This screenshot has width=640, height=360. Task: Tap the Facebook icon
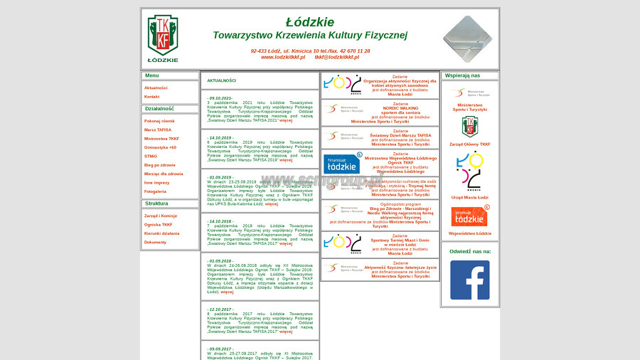pyautogui.click(x=469, y=280)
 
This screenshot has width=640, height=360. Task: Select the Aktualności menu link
pyautogui.click(x=156, y=88)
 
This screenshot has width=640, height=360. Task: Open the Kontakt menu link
pyautogui.click(x=151, y=97)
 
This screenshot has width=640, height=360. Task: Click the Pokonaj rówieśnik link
pyautogui.click(x=159, y=121)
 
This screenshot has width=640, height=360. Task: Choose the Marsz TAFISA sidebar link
pyautogui.click(x=158, y=129)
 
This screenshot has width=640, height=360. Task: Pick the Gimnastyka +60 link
pyautogui.click(x=160, y=147)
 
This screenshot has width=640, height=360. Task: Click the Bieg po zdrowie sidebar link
pyautogui.click(x=159, y=164)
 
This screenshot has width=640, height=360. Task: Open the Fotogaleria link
pyautogui.click(x=155, y=191)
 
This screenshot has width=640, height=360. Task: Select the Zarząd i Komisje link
pyautogui.click(x=161, y=216)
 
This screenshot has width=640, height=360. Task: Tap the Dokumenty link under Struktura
pyautogui.click(x=155, y=242)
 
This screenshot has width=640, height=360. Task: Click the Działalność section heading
pyautogui.click(x=159, y=109)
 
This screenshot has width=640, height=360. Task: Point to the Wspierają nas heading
pyautogui.click(x=462, y=75)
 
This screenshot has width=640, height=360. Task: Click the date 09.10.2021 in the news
pyautogui.click(x=220, y=97)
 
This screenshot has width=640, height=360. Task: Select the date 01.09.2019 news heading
pyautogui.click(x=220, y=177)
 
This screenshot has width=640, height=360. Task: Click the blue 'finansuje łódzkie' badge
pyautogui.click(x=342, y=163)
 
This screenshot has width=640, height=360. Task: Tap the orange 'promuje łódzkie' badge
pyautogui.click(x=469, y=216)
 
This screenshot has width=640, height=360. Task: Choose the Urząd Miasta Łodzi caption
pyautogui.click(x=469, y=197)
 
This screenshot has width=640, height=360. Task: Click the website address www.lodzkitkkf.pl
pyautogui.click(x=282, y=57)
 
